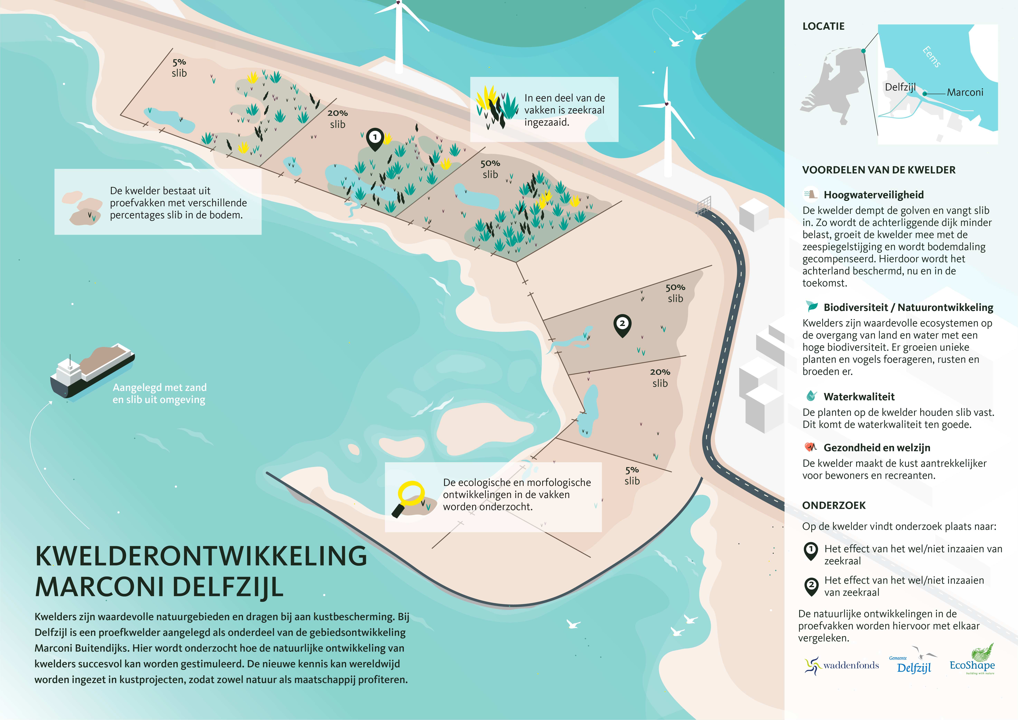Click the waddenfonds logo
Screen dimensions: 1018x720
(841, 665)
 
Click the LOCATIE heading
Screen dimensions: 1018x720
(823, 26)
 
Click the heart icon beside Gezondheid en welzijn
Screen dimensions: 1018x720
(811, 447)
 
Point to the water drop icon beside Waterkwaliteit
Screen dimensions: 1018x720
(811, 395)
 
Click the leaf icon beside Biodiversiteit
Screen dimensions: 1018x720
(812, 306)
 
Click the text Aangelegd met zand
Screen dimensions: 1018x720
(160, 387)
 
